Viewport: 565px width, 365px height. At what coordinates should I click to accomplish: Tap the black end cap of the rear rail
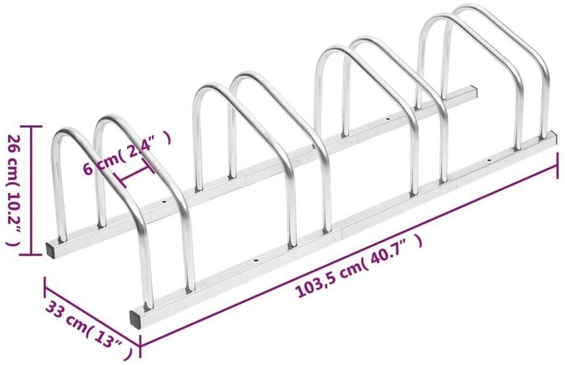click(51, 249)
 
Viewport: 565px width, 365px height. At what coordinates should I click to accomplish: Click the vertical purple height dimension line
click(32, 191)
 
